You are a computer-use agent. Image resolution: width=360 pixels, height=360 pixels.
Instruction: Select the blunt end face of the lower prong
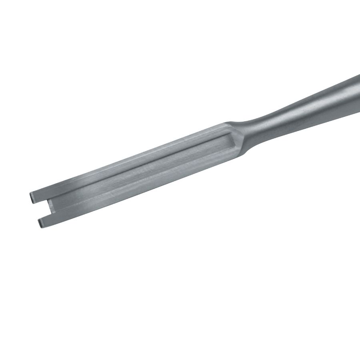[x=40, y=223]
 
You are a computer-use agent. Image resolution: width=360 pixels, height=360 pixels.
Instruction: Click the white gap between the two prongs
[x=40, y=208]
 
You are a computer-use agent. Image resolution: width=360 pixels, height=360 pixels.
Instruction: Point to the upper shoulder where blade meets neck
[x=230, y=122]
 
